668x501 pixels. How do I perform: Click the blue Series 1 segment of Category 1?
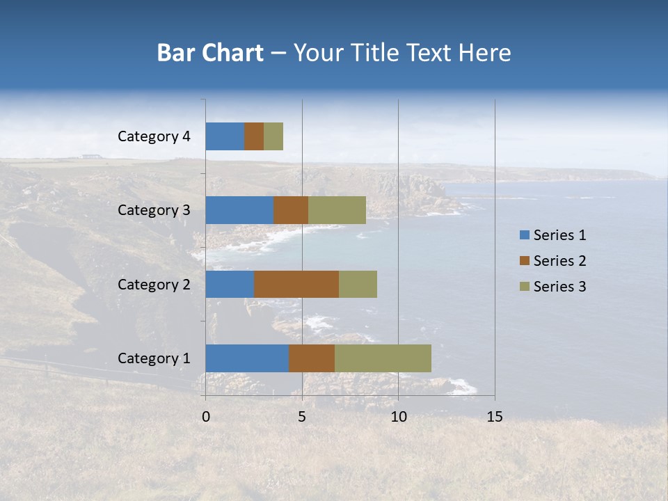tap(247, 358)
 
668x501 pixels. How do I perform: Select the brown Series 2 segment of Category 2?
tap(296, 284)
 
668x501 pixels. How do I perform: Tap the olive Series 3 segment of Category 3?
tap(337, 210)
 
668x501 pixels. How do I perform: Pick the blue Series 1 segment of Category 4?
tap(225, 136)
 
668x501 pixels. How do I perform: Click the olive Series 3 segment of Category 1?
tap(383, 358)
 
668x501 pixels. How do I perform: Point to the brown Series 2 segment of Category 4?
tap(254, 136)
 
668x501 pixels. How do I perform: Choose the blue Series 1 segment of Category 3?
tap(239, 210)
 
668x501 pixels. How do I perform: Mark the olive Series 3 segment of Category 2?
tap(358, 284)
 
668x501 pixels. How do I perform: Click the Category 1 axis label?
tap(154, 358)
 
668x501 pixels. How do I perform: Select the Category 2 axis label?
tap(154, 284)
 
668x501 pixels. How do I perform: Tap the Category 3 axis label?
tap(154, 210)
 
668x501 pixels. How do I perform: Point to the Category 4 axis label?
tap(154, 136)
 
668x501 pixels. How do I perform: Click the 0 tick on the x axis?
tap(206, 417)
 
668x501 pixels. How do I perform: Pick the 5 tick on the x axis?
tap(302, 417)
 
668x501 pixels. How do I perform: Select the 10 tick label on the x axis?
tap(398, 417)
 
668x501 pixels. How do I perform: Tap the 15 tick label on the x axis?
tap(494, 417)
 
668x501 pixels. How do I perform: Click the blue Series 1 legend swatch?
tap(525, 235)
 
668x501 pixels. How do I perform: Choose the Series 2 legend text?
tap(559, 261)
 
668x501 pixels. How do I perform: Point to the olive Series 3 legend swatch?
tap(525, 287)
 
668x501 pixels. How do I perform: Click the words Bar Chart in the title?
tap(209, 53)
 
